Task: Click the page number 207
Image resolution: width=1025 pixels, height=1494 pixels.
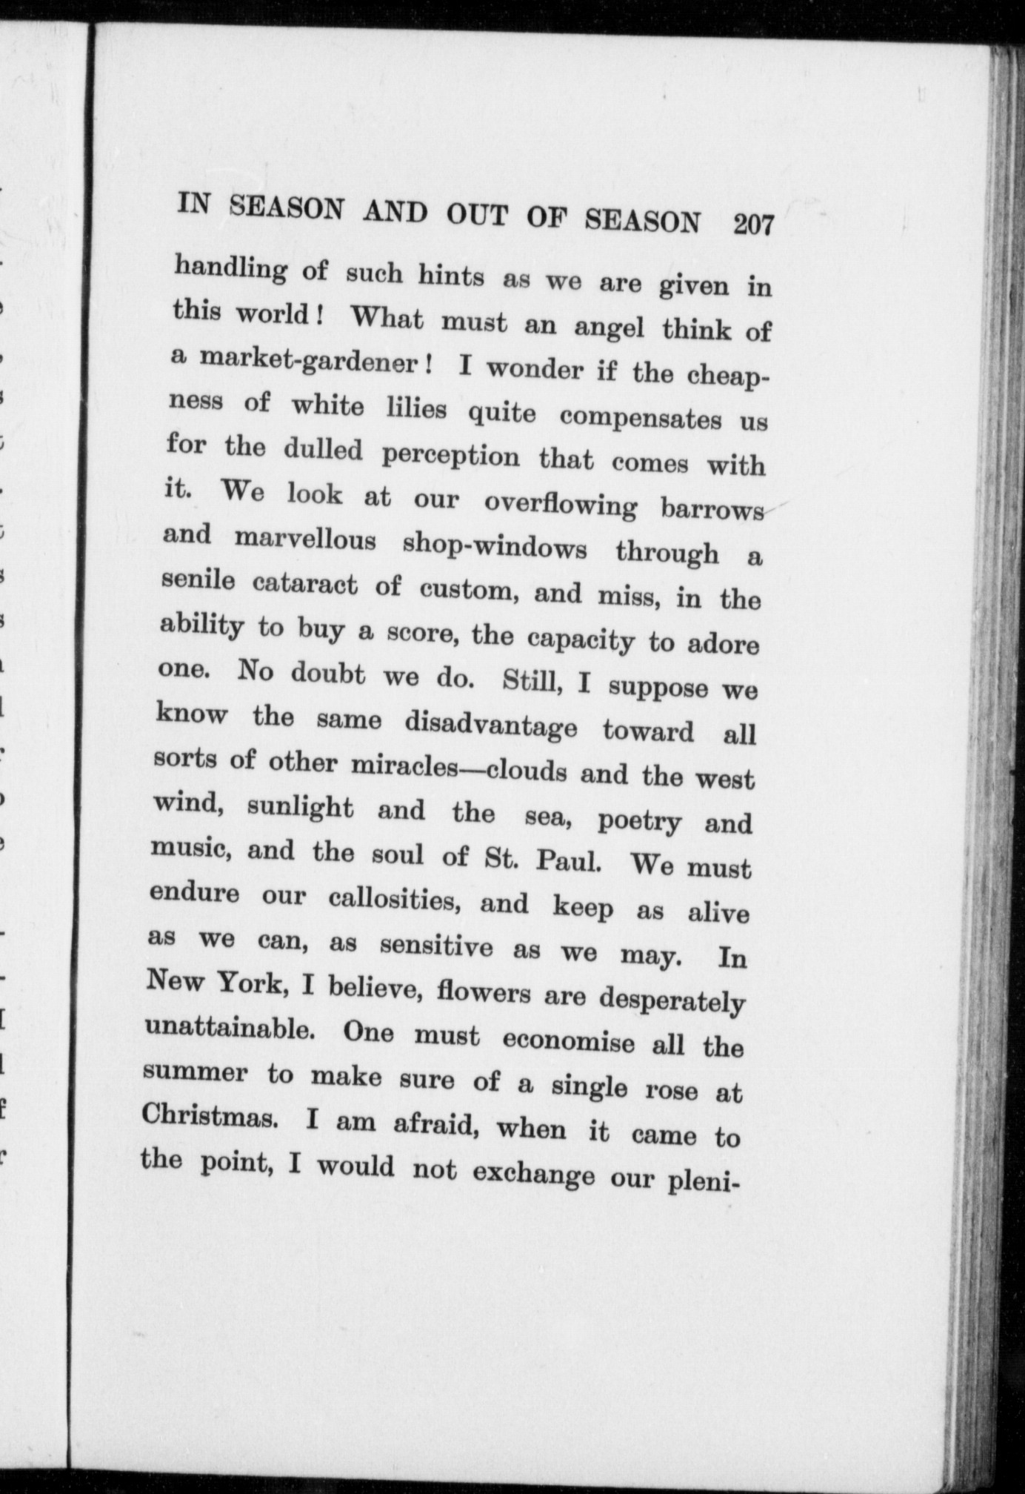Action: tap(753, 224)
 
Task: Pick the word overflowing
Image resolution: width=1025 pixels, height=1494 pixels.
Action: tap(560, 505)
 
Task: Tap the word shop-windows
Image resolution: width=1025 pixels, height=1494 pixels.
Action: tap(494, 547)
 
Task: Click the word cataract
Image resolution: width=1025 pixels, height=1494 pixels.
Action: tap(305, 585)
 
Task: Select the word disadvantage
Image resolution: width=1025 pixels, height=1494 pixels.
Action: tap(490, 725)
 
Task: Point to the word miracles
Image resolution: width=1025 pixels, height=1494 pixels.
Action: tap(401, 766)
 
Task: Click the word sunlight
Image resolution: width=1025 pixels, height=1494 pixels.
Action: tap(300, 809)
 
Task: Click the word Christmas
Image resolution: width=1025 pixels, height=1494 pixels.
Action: tap(209, 1117)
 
